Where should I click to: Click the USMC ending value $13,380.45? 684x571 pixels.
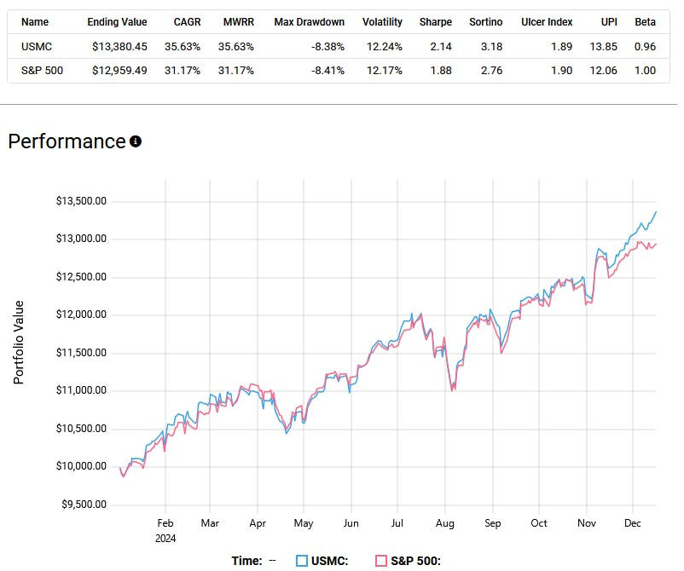pyautogui.click(x=119, y=46)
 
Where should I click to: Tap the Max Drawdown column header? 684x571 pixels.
pyautogui.click(x=309, y=22)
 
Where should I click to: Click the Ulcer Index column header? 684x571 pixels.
pyautogui.click(x=547, y=22)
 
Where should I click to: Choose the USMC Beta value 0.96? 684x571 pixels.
pyautogui.click(x=645, y=46)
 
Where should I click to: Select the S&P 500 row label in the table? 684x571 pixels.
pyautogui.click(x=40, y=70)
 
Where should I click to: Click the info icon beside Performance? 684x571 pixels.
pyautogui.click(x=135, y=141)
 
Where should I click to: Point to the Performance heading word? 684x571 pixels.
pyautogui.click(x=67, y=141)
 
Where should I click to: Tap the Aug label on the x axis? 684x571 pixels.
pyautogui.click(x=443, y=522)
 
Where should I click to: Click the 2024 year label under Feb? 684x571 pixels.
pyautogui.click(x=165, y=538)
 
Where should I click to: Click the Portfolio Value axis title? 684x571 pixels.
pyautogui.click(x=19, y=341)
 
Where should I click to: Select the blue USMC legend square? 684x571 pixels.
pyautogui.click(x=301, y=560)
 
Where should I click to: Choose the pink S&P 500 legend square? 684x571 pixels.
pyautogui.click(x=380, y=560)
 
